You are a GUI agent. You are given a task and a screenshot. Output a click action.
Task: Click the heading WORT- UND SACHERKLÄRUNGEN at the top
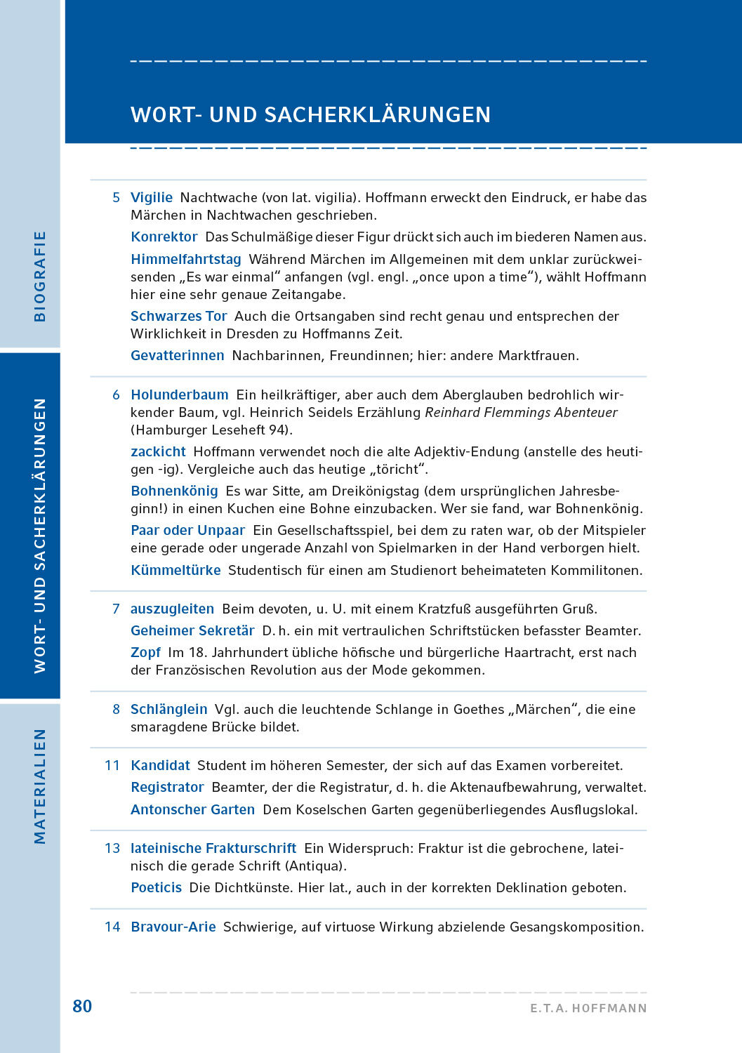coord(310,114)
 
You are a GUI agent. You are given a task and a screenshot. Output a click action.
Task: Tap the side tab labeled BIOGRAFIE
coord(40,277)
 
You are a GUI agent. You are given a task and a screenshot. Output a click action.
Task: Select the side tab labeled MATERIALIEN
coord(40,786)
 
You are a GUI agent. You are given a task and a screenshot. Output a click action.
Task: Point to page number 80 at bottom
coord(82,1007)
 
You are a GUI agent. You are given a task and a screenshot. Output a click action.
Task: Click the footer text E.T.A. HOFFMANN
coord(588,1008)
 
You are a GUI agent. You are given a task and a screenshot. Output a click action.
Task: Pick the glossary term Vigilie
coord(152,198)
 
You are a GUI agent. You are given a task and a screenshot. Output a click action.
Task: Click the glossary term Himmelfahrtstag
coord(186,260)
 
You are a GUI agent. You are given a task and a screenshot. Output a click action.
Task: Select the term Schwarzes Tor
coord(179,317)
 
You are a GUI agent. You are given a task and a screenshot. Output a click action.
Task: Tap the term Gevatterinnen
coord(178,356)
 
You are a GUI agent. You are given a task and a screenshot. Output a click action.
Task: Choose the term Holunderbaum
coord(180,395)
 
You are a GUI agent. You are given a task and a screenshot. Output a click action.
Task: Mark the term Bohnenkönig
coord(175,491)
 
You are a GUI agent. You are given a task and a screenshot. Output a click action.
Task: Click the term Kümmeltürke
coord(176,571)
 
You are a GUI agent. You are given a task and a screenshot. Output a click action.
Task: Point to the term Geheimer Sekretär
coord(192,631)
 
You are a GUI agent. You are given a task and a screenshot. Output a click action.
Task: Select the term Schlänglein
coord(169,710)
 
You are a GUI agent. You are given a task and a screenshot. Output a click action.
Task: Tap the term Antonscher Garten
coord(193,810)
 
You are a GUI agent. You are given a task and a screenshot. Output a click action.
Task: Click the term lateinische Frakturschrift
coord(213,849)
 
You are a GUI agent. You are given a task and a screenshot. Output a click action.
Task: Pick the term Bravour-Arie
coord(173,927)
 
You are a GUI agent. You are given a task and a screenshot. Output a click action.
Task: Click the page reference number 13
coord(112,849)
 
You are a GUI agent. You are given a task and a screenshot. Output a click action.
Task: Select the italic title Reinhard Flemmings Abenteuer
coord(521,413)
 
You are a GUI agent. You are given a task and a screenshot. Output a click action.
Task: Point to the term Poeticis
coord(157,888)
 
